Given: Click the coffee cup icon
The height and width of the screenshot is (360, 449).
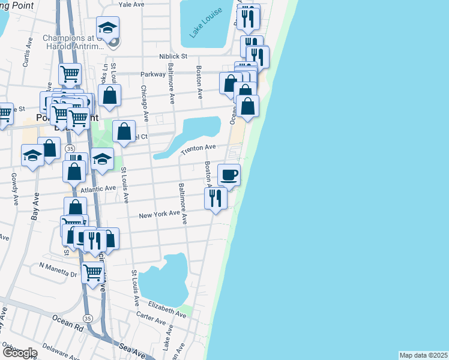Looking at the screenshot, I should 229,175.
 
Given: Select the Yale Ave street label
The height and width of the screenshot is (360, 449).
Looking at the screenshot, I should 132,4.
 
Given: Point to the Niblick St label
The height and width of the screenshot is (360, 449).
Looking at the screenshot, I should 173,56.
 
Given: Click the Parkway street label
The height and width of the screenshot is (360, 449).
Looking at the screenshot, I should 153,74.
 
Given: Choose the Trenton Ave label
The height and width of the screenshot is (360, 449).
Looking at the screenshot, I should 198,148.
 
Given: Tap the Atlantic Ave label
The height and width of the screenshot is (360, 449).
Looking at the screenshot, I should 97,188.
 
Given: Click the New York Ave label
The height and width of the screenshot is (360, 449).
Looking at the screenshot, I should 159,214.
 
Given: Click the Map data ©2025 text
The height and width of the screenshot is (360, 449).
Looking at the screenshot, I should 423,355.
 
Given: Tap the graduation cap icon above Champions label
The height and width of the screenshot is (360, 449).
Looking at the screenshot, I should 108,27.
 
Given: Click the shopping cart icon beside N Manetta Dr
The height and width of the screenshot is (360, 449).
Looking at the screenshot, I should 92,273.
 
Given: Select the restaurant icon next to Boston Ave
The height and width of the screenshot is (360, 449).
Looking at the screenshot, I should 215,197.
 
